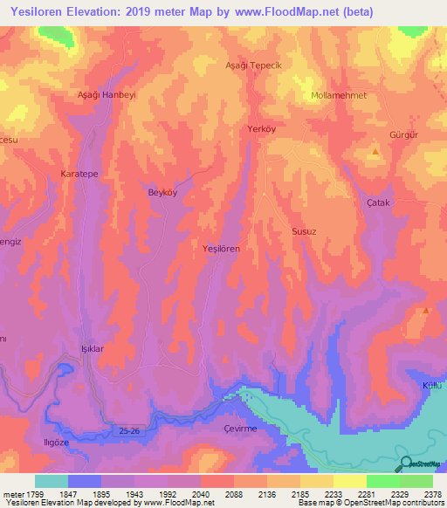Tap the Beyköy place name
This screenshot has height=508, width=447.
point(162,193)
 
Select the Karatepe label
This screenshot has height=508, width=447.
point(79,175)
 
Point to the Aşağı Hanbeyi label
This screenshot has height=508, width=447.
point(108,94)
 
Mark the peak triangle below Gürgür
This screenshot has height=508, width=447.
point(375,152)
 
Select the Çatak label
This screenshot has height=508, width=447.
point(377,203)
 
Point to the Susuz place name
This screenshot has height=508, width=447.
point(303,232)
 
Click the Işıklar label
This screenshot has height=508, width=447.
point(93,348)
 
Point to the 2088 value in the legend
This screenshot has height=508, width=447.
point(232,495)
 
